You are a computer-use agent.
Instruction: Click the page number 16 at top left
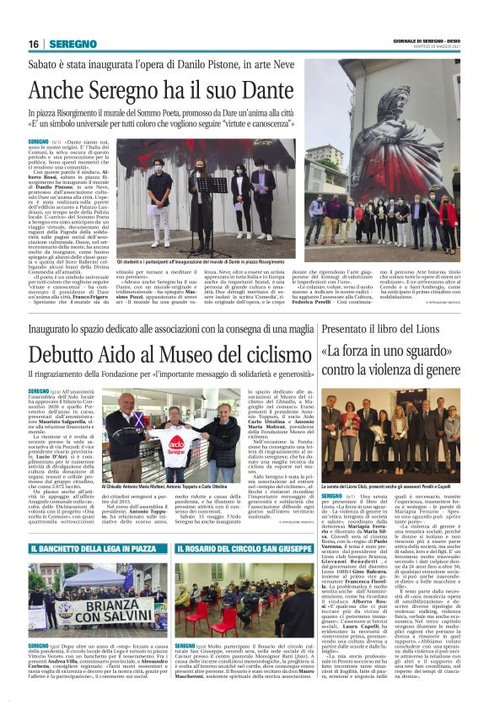click(33, 44)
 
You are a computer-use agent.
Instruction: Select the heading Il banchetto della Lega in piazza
click(98, 550)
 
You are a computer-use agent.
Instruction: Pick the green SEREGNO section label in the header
click(73, 44)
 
